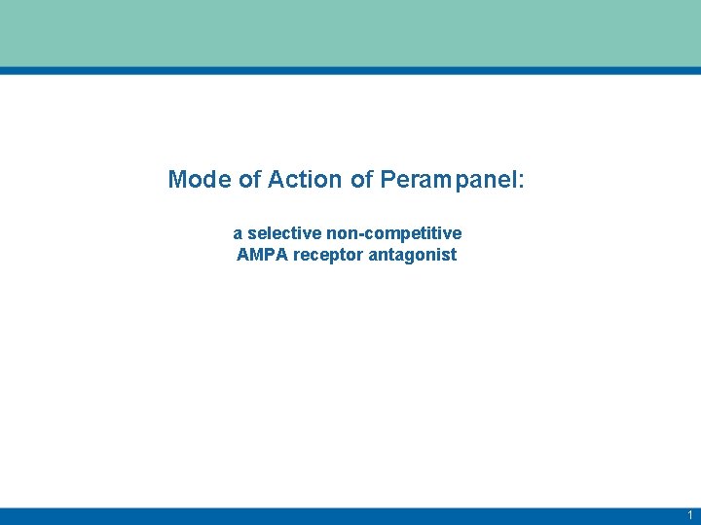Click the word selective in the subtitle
(281, 234)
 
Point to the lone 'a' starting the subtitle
(238, 235)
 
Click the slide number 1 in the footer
(689, 515)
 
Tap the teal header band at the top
(350, 33)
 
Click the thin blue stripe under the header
(350, 71)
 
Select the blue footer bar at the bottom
(350, 515)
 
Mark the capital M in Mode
(176, 180)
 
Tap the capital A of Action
(275, 180)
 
